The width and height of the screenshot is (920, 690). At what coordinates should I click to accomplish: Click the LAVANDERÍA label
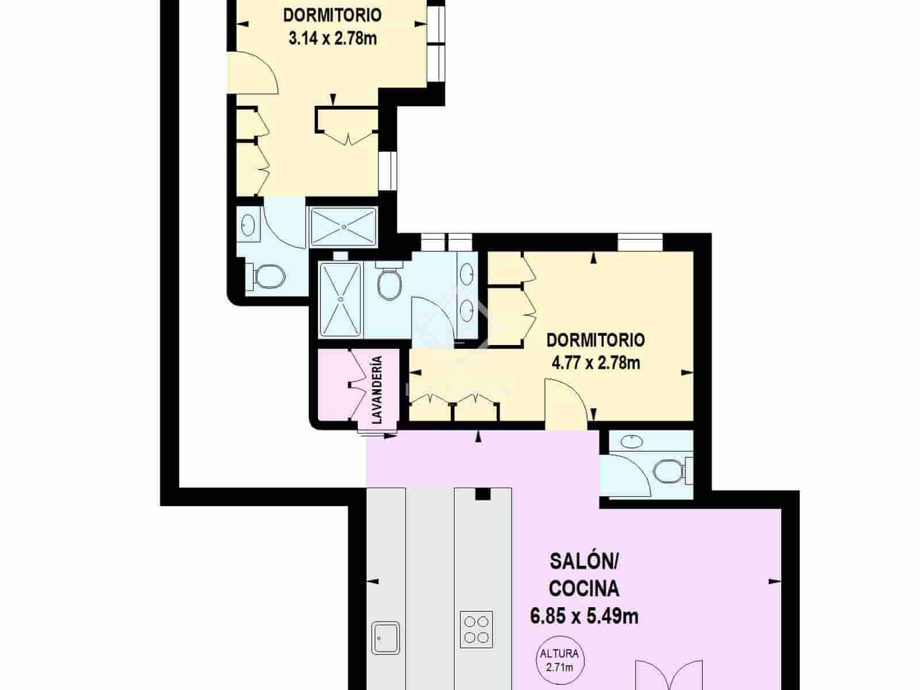tap(377, 390)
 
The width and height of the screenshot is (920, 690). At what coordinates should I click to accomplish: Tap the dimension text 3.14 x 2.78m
tap(332, 39)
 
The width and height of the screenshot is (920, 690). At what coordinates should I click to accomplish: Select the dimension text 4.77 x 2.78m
tap(595, 363)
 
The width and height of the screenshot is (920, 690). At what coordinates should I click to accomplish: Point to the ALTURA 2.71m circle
tap(559, 660)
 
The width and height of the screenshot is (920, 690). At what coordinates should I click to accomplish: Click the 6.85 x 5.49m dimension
tap(584, 616)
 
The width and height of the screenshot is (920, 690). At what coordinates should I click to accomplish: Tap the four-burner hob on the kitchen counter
tap(477, 629)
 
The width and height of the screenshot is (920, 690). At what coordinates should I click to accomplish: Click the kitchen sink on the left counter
tap(386, 637)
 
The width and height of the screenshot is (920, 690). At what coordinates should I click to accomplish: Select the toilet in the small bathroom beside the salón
tap(669, 471)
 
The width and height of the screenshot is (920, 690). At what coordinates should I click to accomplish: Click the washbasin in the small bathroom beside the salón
tap(632, 442)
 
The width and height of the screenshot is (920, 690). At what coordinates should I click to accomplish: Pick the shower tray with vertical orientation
tap(341, 299)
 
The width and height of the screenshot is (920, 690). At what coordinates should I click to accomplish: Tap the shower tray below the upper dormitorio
tap(343, 227)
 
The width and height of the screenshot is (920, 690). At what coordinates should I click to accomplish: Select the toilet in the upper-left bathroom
tap(267, 277)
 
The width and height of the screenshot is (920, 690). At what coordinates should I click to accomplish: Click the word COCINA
tap(584, 588)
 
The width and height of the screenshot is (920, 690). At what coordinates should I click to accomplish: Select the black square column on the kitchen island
tap(482, 494)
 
